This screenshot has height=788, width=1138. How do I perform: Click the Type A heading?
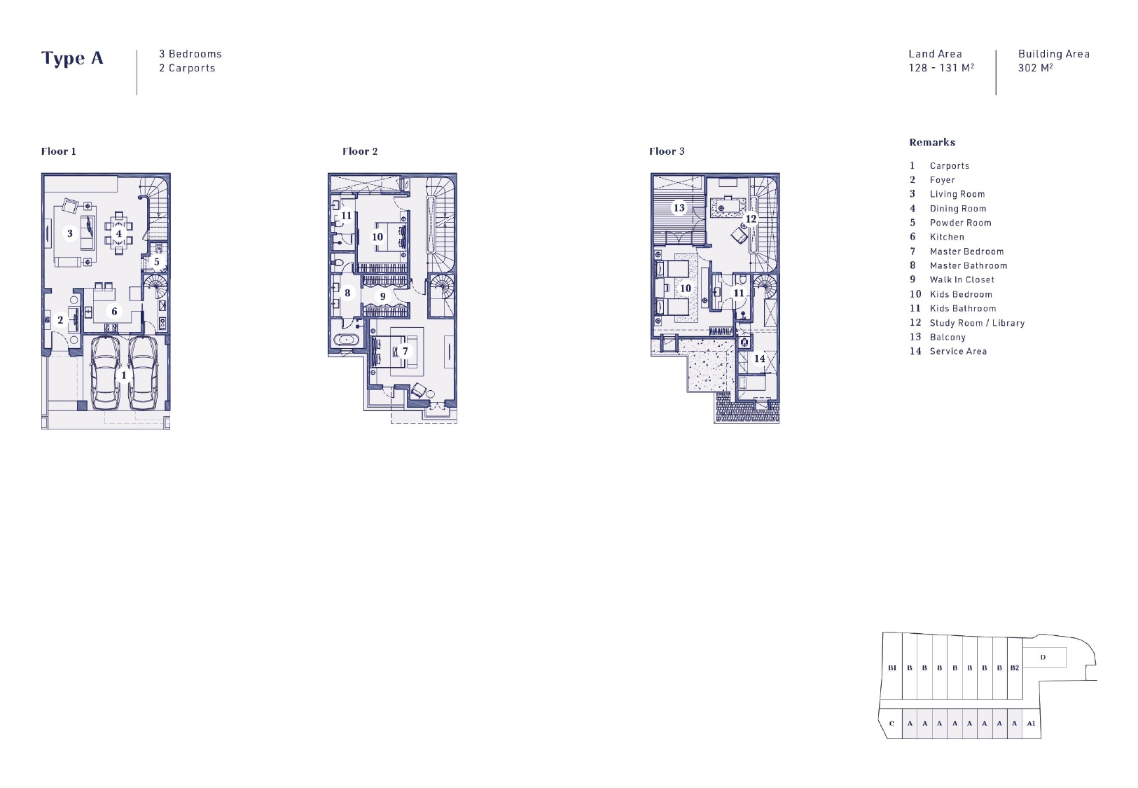click(x=72, y=58)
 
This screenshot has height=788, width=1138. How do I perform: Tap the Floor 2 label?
click(x=360, y=151)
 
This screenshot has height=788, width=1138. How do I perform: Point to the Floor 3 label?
click(x=667, y=151)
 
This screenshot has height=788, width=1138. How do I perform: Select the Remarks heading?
click(x=932, y=142)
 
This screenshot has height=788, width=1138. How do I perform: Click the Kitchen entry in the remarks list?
click(x=947, y=237)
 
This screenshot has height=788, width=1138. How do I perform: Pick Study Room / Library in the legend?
click(x=977, y=323)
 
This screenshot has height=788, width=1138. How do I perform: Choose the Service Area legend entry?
click(x=958, y=351)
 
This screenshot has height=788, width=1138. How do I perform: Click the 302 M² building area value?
click(x=1035, y=67)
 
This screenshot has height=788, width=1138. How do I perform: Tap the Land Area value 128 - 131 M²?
click(x=941, y=67)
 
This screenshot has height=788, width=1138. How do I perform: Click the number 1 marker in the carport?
click(x=123, y=375)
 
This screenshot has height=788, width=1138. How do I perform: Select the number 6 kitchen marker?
click(x=114, y=312)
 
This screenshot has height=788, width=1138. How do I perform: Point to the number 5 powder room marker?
click(x=156, y=262)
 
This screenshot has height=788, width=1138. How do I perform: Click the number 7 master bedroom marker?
click(x=405, y=351)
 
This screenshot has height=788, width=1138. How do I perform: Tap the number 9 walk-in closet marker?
click(x=382, y=296)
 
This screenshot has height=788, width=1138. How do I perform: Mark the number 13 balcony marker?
click(x=679, y=208)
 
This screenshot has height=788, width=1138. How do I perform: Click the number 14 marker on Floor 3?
click(x=760, y=359)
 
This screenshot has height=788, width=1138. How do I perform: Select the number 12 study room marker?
click(x=751, y=219)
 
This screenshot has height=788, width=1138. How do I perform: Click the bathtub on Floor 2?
click(x=346, y=340)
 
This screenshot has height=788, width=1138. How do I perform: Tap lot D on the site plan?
click(x=1043, y=657)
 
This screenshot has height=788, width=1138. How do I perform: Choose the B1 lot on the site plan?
click(x=892, y=668)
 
